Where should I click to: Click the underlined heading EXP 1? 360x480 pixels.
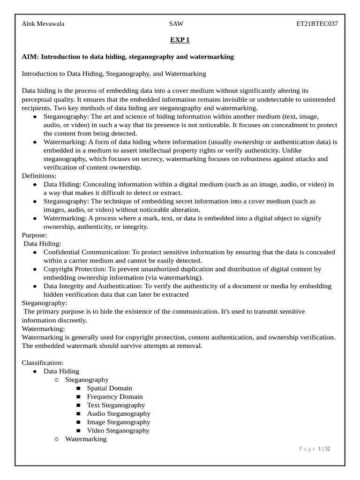click(180, 40)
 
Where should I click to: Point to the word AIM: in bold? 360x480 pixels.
click(30, 57)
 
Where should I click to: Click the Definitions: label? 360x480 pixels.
click(39, 176)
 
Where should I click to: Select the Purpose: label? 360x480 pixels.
click(35, 235)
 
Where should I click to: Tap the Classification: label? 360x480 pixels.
click(43, 363)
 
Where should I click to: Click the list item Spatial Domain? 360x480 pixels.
click(110, 388)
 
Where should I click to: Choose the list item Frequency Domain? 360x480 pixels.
click(115, 397)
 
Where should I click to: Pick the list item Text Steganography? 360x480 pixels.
click(116, 405)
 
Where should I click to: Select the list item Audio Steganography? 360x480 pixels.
click(119, 413)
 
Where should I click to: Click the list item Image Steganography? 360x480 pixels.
click(119, 422)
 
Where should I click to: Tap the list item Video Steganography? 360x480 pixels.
click(118, 430)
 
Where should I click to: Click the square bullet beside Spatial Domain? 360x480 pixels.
click(78, 389)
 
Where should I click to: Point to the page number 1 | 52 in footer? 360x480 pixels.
click(324, 449)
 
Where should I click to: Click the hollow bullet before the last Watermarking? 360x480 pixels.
click(57, 439)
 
